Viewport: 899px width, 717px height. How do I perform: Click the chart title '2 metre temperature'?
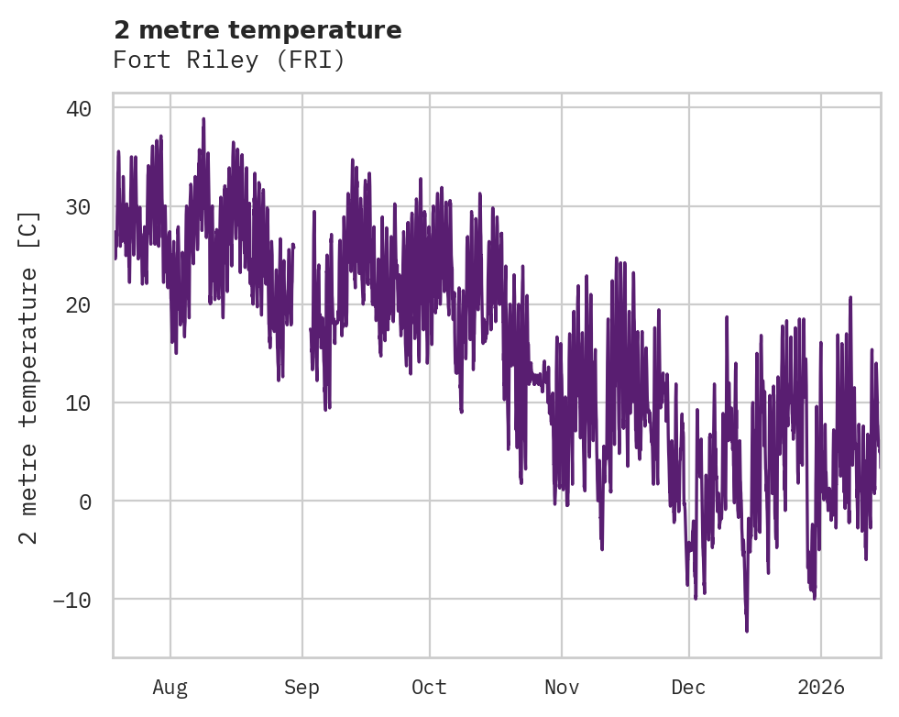point(258,30)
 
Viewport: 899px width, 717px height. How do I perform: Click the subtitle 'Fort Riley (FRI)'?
point(228,61)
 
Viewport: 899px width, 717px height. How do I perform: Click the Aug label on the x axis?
point(170,688)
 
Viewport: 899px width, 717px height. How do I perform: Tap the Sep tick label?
point(301,688)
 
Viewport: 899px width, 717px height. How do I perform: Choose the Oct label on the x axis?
point(429,688)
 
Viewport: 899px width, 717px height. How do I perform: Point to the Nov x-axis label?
point(561,688)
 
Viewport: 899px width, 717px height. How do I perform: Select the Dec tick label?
point(688,688)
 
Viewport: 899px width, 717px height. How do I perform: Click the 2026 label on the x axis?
point(820,688)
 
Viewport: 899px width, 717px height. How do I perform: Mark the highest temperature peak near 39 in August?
point(203,119)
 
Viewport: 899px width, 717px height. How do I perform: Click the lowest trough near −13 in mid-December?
point(747,630)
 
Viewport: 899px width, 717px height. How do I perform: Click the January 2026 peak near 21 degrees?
point(850,298)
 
